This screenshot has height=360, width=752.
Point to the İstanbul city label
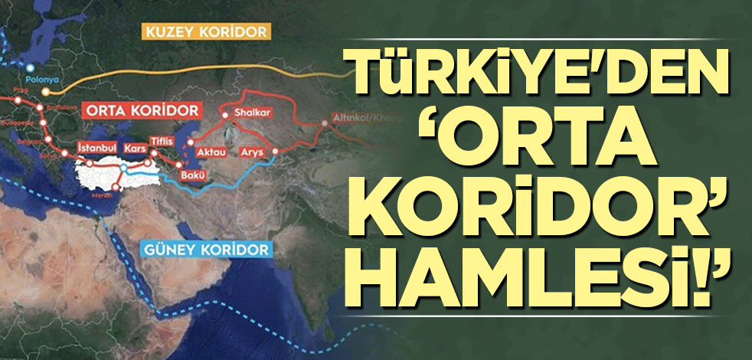pyautogui.click(x=97, y=146)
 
